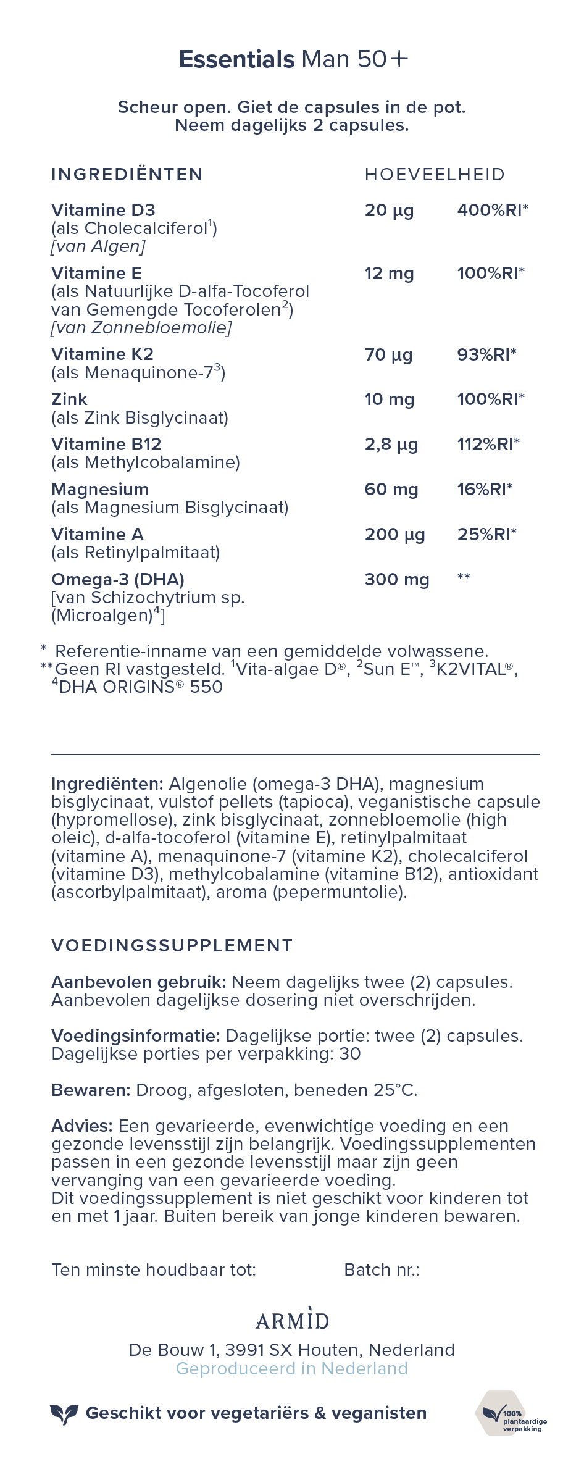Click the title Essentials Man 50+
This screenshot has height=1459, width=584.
[x=293, y=59]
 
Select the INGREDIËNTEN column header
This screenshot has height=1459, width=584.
[x=127, y=175]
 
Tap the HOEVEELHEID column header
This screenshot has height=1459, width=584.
[x=435, y=175]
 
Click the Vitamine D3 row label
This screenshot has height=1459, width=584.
[x=103, y=211]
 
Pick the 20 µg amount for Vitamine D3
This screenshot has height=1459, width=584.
[x=389, y=211]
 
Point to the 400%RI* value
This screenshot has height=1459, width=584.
[x=493, y=211]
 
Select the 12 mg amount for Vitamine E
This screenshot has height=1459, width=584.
[x=389, y=274]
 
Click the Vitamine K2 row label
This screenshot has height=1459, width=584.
[x=102, y=354]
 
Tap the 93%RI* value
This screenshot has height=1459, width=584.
[x=486, y=354]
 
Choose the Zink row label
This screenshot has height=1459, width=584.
[x=69, y=399]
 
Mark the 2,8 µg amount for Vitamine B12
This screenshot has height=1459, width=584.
[x=391, y=445]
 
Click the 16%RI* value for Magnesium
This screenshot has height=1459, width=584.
[x=485, y=490]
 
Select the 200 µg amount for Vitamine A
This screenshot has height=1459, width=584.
[x=394, y=535]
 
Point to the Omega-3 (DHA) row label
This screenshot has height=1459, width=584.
[x=118, y=580]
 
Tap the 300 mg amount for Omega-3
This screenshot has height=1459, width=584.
[x=397, y=580]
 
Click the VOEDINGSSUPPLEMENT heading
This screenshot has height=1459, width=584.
[x=172, y=946]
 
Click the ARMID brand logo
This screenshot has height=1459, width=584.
[x=292, y=1321]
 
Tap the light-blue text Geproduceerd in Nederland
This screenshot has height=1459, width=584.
[x=292, y=1369]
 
